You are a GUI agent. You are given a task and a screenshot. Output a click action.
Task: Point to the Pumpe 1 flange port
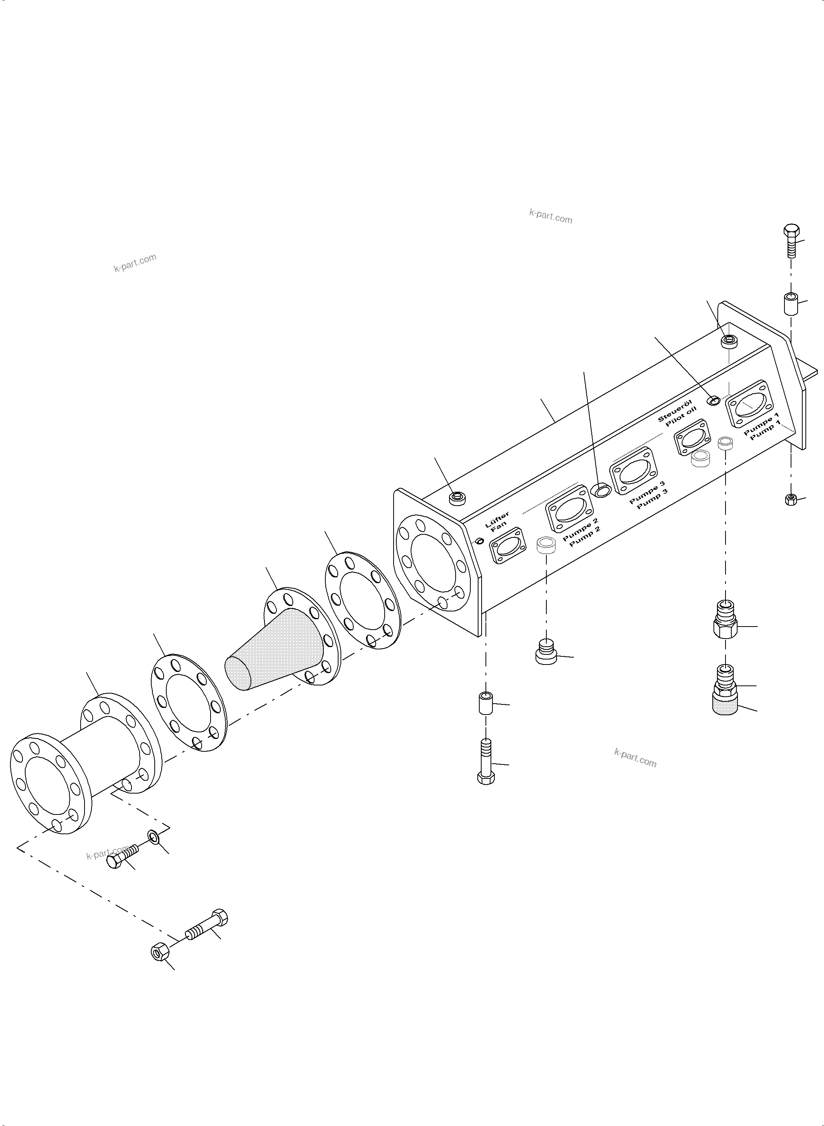(x=750, y=405)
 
